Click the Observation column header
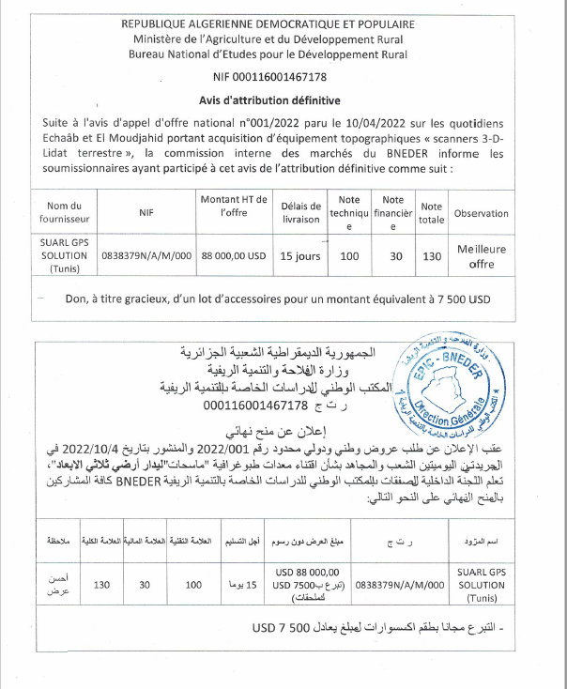[x=481, y=213]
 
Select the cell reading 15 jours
[x=300, y=255]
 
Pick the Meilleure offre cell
[x=481, y=255]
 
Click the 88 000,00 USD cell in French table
[x=233, y=255]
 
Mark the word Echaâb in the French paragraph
[x=65, y=138]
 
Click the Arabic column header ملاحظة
[x=55, y=542]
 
